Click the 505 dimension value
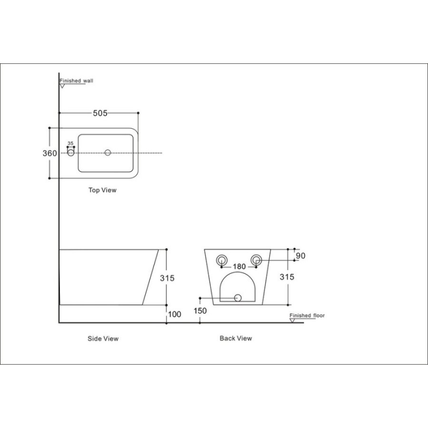coord(100,113)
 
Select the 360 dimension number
coord(49,154)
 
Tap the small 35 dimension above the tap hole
coord(70,143)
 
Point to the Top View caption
coord(102,190)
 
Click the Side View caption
coord(103,339)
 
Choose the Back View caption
coord(236,339)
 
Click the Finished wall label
coord(76,81)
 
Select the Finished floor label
coord(307,316)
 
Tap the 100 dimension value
coord(175,314)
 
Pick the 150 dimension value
coord(200,311)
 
